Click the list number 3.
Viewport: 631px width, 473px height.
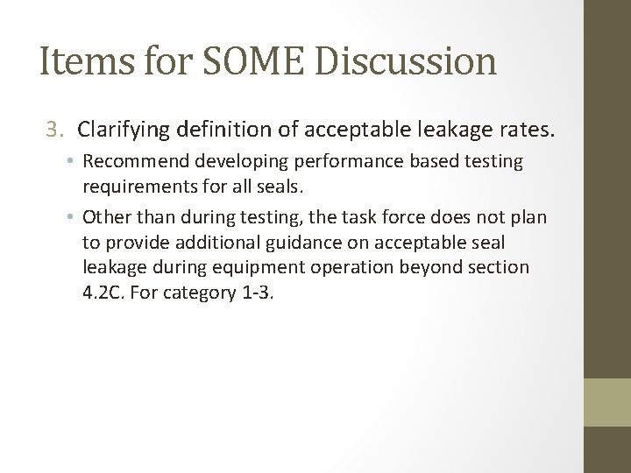pyautogui.click(x=55, y=131)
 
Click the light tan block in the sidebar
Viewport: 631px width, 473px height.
pyautogui.click(x=607, y=403)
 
